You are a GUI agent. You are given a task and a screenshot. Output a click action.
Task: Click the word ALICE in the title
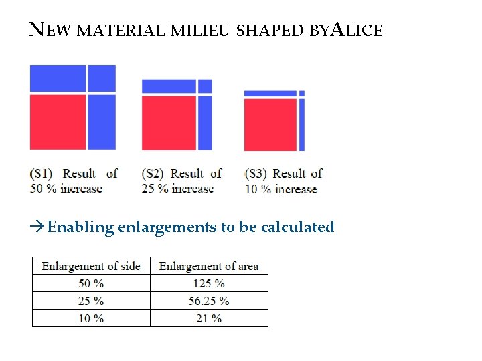coord(357,30)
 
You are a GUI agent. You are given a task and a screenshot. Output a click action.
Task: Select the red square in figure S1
coord(58,122)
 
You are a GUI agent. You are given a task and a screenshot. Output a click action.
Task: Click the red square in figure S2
coord(169,123)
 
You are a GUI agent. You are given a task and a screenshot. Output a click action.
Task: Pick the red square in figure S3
coord(270,124)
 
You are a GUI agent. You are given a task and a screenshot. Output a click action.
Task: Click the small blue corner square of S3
coord(302,93)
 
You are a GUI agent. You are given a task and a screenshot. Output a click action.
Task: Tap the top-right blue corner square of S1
coord(102,78)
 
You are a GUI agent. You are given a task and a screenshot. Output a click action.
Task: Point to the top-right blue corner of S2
coord(205,86)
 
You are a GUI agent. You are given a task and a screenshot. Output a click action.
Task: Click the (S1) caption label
coord(42,174)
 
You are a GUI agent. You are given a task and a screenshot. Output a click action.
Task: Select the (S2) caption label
coord(153,174)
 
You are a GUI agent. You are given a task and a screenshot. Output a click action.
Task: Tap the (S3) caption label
coord(256,174)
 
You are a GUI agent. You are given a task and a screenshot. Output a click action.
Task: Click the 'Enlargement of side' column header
coord(91,266)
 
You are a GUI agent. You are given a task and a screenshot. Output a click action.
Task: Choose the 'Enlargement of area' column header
coord(209,266)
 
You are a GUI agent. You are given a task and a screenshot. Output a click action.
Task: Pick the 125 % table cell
coord(209,283)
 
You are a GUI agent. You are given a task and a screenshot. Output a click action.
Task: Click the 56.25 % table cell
coord(209,301)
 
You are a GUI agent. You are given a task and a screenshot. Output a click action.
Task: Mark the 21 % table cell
coord(209,318)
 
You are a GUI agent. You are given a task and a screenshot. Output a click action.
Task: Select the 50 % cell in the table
coord(91,283)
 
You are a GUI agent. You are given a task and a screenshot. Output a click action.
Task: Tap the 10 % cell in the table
coord(91,318)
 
